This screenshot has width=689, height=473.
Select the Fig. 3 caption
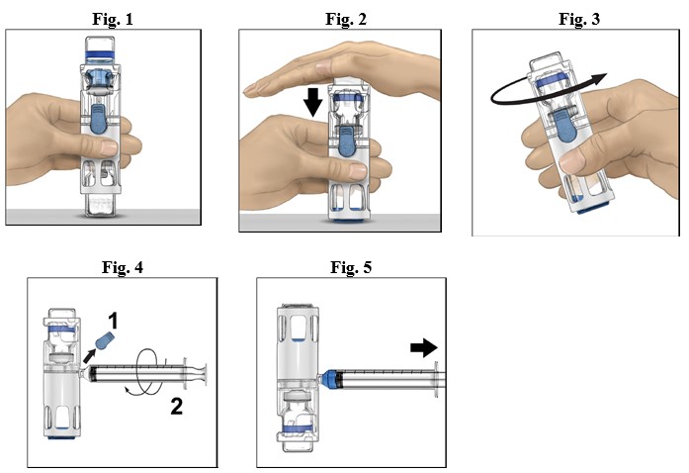[x=578, y=18]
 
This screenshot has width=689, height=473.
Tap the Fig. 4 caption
[x=124, y=266]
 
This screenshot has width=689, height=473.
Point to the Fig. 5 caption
[x=350, y=266]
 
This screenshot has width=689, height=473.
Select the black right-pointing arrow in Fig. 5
[x=422, y=347]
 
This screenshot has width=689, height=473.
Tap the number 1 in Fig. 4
[x=114, y=322]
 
